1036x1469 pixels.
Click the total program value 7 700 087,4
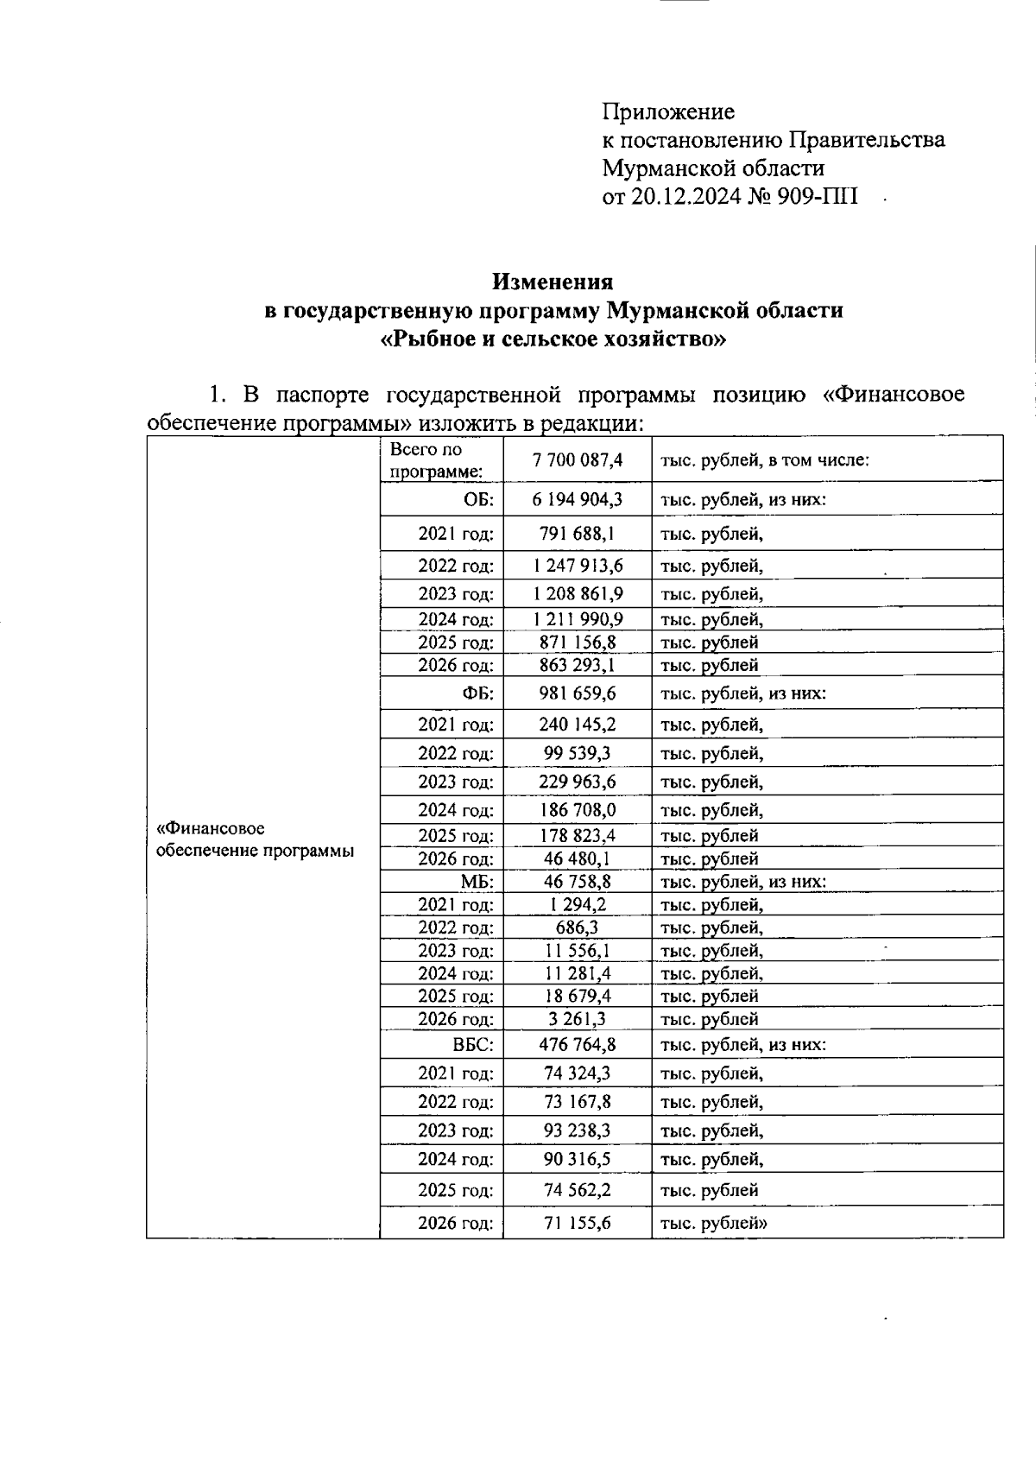(x=578, y=460)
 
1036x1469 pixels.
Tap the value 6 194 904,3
(x=578, y=499)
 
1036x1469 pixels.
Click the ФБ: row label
(x=477, y=693)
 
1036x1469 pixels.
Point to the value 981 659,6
(x=578, y=693)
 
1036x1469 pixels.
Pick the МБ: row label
(x=477, y=882)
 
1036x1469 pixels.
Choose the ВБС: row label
(x=473, y=1045)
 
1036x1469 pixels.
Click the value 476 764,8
(x=578, y=1045)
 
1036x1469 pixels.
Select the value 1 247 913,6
(x=578, y=566)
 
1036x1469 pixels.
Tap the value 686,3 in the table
(x=578, y=928)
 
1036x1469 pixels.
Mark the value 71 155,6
(x=578, y=1223)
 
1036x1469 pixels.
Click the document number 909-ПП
(x=815, y=196)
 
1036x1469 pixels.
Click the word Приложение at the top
(x=668, y=112)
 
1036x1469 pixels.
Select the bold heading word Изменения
(x=553, y=282)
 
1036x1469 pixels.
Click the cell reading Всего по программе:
(x=436, y=460)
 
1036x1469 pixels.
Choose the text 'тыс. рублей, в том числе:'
(x=764, y=460)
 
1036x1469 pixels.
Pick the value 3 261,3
(x=578, y=1019)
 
